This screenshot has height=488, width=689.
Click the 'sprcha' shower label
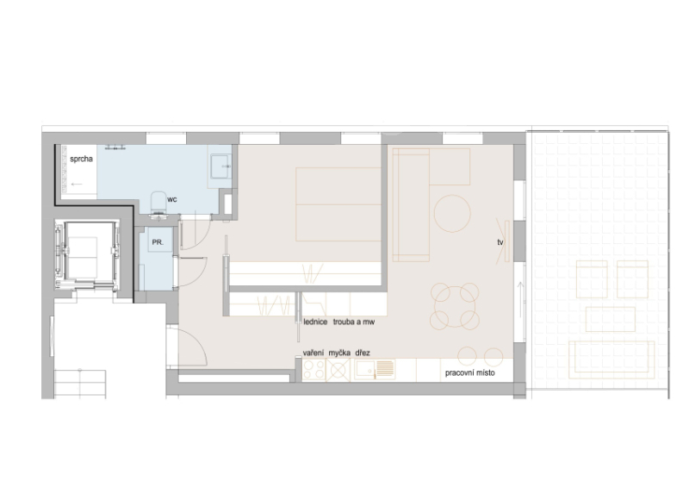tap(81, 159)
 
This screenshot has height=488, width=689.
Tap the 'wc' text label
tap(171, 199)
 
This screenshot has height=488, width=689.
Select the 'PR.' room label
tap(158, 242)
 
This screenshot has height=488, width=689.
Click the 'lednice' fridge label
tap(315, 322)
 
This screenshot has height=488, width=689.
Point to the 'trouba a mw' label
tap(354, 322)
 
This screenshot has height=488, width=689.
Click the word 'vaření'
tap(313, 353)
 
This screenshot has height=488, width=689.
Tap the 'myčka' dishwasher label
tap(339, 353)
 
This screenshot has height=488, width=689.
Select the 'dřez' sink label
tap(363, 353)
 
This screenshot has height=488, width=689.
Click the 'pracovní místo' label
tap(469, 373)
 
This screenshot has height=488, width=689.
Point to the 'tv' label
tap(500, 242)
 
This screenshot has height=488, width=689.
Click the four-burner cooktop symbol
tap(313, 370)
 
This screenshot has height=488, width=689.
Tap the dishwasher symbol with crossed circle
tap(338, 370)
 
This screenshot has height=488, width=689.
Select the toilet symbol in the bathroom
tap(158, 204)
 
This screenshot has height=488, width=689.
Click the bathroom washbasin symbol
tap(220, 166)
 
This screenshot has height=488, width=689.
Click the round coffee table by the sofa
tap(452, 214)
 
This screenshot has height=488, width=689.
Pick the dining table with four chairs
tap(455, 306)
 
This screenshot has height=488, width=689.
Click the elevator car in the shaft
tap(87, 255)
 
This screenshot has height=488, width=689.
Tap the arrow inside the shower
tap(77, 184)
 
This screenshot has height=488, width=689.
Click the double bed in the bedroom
tap(338, 204)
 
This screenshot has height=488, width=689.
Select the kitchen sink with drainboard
tap(375, 370)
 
